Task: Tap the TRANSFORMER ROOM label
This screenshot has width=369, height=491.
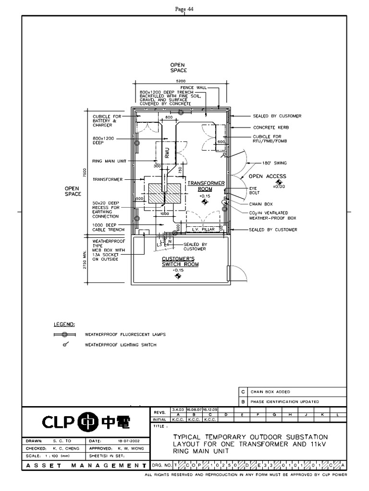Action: (206, 186)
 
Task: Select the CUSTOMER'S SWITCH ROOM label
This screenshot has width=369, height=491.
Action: (180, 262)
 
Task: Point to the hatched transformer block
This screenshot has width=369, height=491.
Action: (164, 193)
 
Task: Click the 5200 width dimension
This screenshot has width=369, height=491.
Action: (181, 81)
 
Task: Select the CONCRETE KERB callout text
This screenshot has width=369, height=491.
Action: (271, 128)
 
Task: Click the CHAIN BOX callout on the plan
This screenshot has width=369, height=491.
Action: (261, 204)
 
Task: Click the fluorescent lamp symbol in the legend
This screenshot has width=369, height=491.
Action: (64, 334)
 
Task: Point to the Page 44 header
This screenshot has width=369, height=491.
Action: (184, 9)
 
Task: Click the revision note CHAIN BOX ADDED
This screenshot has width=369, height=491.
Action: (270, 392)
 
